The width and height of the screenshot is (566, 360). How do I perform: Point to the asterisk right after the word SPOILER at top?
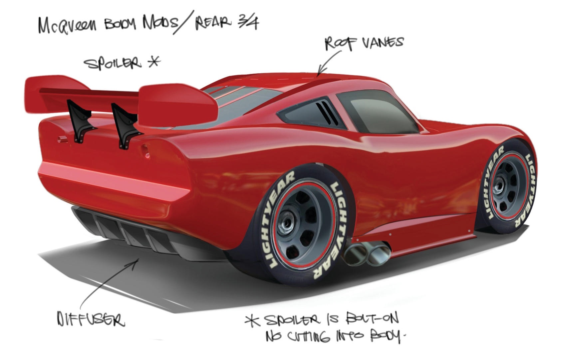154,62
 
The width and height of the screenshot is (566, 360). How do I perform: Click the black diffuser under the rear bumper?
141,234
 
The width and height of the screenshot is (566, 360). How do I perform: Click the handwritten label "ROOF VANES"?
364,44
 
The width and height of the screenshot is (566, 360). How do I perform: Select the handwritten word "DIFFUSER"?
91,319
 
